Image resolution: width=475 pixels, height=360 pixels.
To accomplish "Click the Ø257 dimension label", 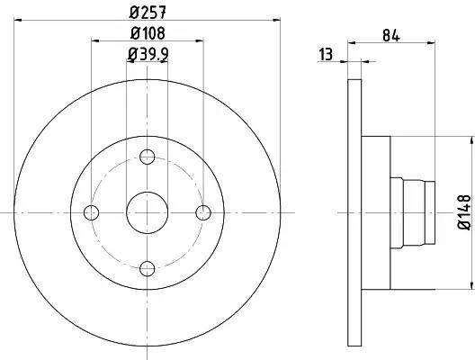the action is [x=148, y=13].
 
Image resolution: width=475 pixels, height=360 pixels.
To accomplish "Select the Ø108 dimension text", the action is [x=148, y=33].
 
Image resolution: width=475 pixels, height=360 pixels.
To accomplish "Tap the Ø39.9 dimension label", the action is [x=148, y=54].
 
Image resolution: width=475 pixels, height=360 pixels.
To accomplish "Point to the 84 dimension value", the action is [x=391, y=36].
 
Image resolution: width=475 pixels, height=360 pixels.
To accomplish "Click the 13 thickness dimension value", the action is [x=326, y=55].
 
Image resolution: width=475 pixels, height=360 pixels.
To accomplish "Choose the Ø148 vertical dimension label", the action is [x=465, y=212].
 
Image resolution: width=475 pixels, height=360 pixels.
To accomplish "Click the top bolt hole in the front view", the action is [x=148, y=157].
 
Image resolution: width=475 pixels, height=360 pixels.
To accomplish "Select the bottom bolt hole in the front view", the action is [x=148, y=268].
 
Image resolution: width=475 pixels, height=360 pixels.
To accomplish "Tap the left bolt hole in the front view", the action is [x=91, y=212].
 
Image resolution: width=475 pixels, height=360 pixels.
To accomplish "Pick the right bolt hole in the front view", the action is [x=203, y=212].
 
